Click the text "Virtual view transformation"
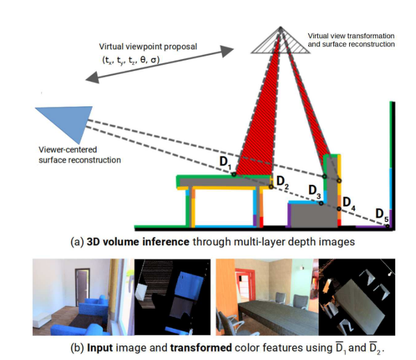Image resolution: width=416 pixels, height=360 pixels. (351, 35)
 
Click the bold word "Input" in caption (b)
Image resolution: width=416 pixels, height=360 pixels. (96, 347)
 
